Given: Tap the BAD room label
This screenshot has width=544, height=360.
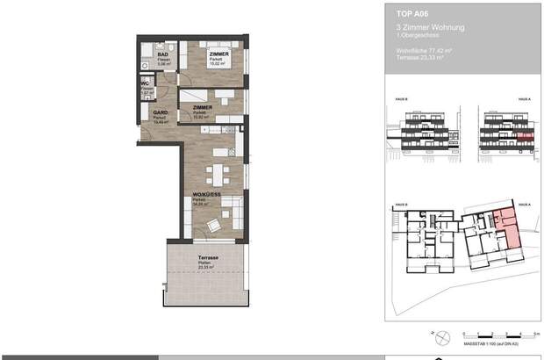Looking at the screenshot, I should coord(163,54).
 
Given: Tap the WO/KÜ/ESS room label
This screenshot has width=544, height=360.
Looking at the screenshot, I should coord(207,195).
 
